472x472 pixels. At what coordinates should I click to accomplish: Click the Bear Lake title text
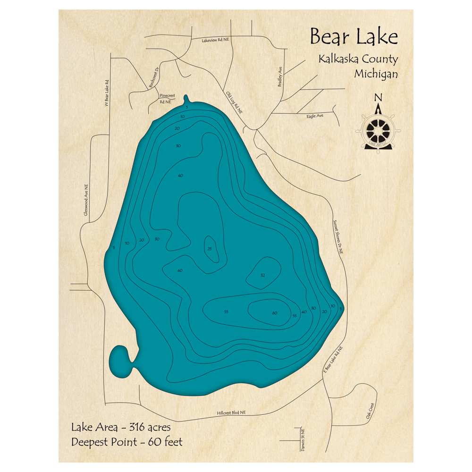[354, 37]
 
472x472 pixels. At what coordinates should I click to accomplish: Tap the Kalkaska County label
[358, 60]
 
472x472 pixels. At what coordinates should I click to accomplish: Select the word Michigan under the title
[376, 74]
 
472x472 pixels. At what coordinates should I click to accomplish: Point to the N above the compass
[378, 98]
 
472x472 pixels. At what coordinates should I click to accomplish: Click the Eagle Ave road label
[315, 116]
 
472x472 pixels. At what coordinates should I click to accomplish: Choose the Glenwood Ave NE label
[86, 201]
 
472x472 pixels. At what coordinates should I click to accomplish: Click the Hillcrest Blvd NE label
[231, 413]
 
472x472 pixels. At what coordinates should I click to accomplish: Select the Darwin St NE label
[302, 439]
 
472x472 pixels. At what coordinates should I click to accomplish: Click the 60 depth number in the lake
[275, 313]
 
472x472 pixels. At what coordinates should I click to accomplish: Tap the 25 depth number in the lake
[210, 249]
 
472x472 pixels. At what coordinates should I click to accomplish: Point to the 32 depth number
[262, 275]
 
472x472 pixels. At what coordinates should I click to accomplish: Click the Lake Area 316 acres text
[121, 428]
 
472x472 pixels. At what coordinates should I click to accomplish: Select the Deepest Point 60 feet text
[126, 442]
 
